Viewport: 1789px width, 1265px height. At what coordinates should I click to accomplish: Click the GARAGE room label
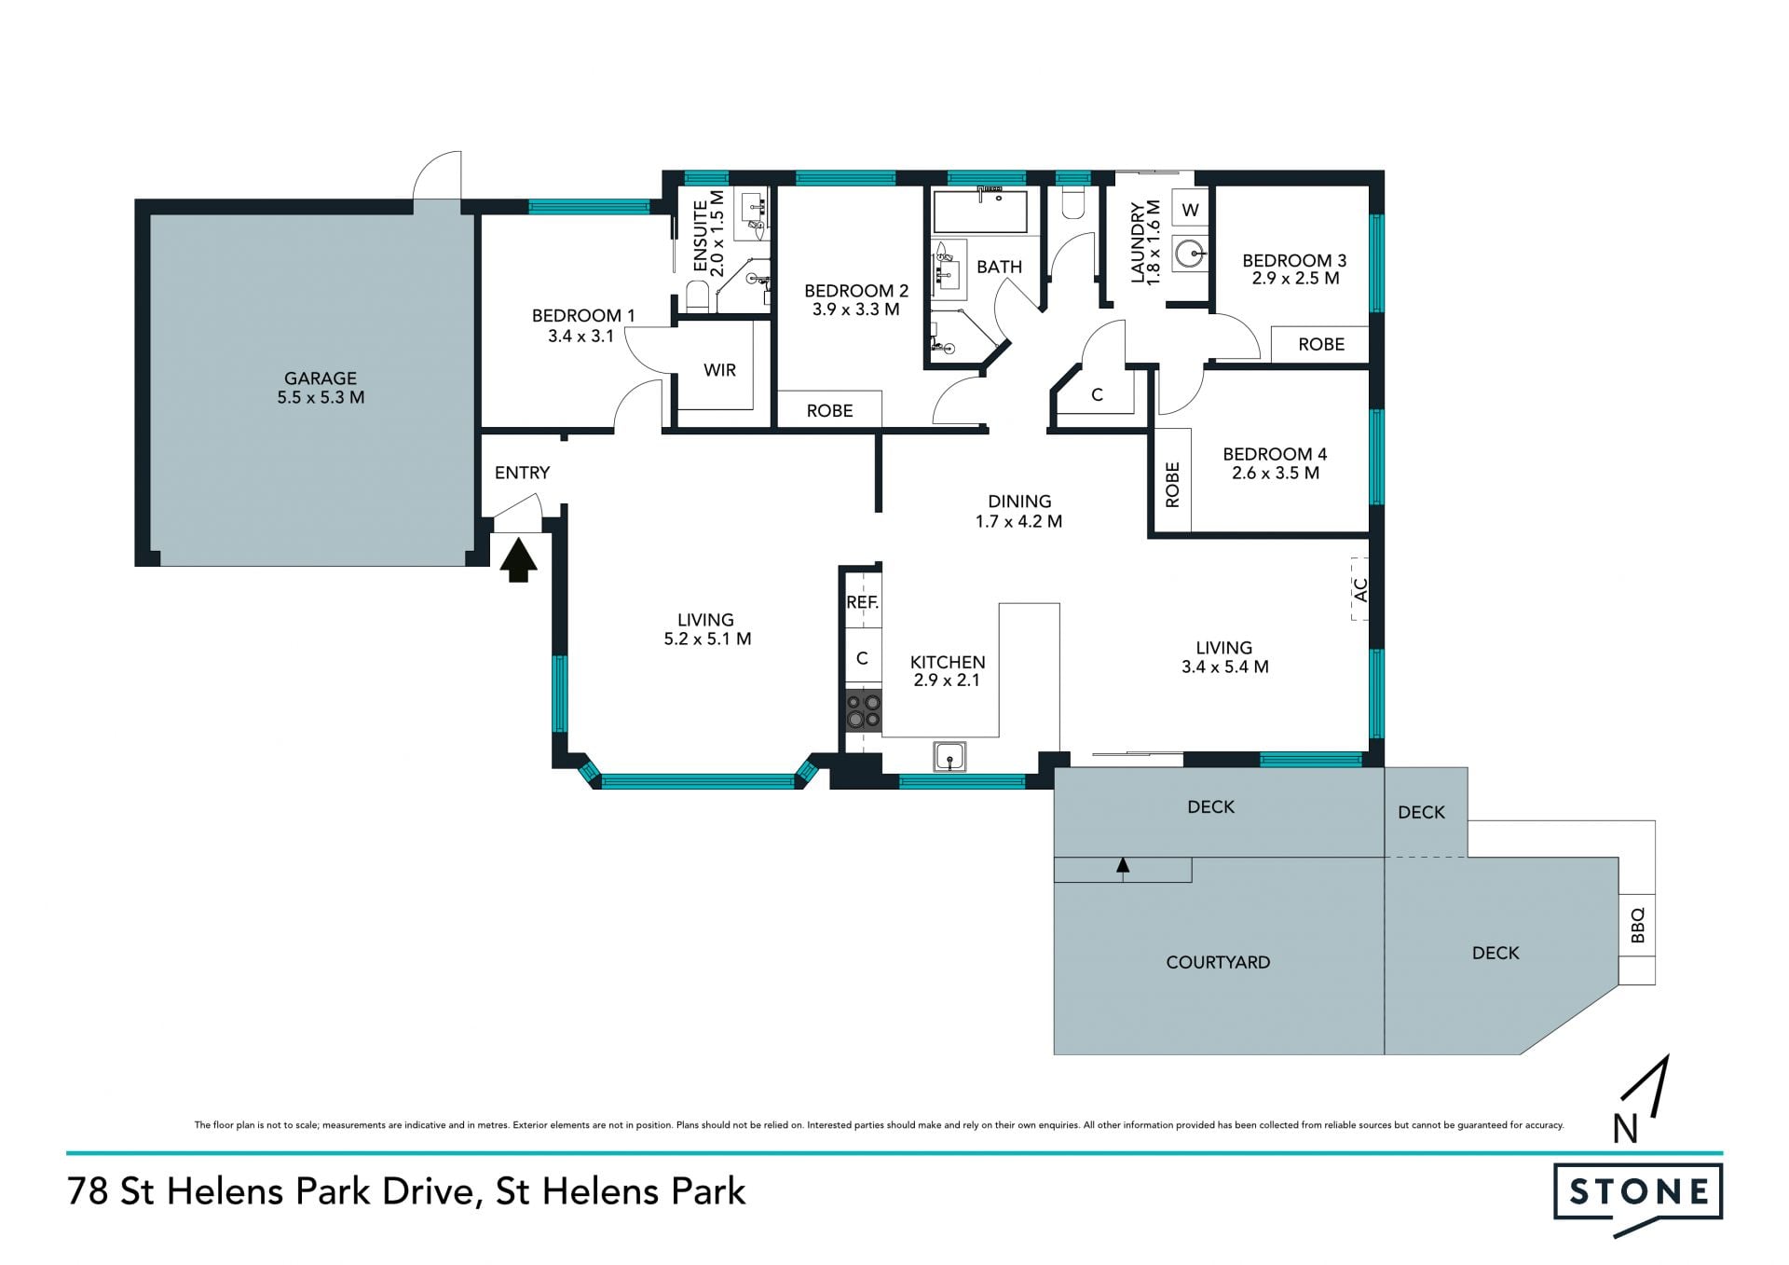(321, 378)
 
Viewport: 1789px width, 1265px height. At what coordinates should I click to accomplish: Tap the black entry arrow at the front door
(518, 561)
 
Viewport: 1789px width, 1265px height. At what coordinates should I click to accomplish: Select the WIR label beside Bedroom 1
(719, 370)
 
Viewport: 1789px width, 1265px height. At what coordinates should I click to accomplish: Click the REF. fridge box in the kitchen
(862, 602)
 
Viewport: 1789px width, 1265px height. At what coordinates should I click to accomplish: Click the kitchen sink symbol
(949, 756)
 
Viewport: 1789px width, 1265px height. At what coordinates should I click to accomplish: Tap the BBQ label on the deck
(1637, 926)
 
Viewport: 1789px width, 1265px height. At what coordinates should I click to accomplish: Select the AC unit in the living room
(1359, 589)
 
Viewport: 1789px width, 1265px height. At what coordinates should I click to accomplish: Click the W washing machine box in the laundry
(1190, 210)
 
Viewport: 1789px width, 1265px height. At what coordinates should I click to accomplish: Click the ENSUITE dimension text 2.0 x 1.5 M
(717, 233)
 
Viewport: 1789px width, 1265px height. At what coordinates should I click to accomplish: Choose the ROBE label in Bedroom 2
(829, 410)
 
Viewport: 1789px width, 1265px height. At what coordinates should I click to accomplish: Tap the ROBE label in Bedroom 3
(1321, 344)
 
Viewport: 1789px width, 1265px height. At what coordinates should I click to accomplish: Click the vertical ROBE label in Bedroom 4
(1172, 485)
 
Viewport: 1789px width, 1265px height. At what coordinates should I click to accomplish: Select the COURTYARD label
(1218, 962)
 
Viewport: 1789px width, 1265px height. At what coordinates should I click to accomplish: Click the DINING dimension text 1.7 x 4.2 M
(1018, 521)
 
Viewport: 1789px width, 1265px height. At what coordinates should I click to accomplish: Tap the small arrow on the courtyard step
(1123, 866)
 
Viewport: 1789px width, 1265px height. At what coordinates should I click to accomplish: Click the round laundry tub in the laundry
(1190, 253)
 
